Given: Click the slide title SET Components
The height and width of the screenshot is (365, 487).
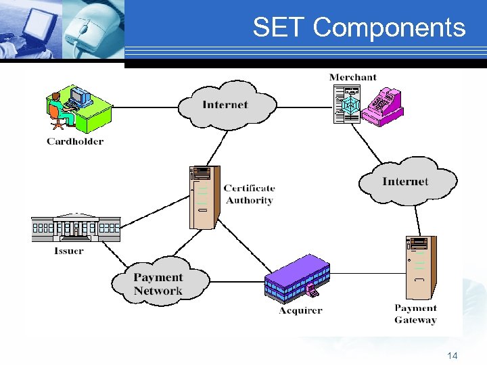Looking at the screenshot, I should pyautogui.click(x=358, y=28).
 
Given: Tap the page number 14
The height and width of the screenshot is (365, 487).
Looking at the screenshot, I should pyautogui.click(x=453, y=355).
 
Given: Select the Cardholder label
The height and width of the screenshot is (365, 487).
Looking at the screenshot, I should pyautogui.click(x=75, y=141).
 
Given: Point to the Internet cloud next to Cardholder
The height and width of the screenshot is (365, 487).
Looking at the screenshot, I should pyautogui.click(x=226, y=105).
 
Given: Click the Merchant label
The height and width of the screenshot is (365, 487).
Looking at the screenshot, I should pyautogui.click(x=352, y=77).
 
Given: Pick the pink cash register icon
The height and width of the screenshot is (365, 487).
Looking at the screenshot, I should pyautogui.click(x=382, y=106).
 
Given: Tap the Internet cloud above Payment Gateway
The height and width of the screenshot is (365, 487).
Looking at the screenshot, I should pyautogui.click(x=406, y=181).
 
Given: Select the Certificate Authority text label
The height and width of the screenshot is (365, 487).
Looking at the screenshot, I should pyautogui.click(x=249, y=194).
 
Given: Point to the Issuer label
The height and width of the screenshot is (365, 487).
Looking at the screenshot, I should pyautogui.click(x=68, y=251).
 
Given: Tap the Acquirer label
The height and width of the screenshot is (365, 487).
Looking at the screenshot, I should pyautogui.click(x=300, y=310).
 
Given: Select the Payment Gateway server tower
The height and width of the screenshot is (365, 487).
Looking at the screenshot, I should pyautogui.click(x=421, y=268).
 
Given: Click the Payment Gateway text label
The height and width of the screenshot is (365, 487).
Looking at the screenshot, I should pyautogui.click(x=415, y=314).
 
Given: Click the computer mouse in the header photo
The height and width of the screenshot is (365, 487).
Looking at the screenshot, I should pyautogui.click(x=92, y=30).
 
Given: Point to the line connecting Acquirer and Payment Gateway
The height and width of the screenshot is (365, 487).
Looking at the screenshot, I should pyautogui.click(x=365, y=273).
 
